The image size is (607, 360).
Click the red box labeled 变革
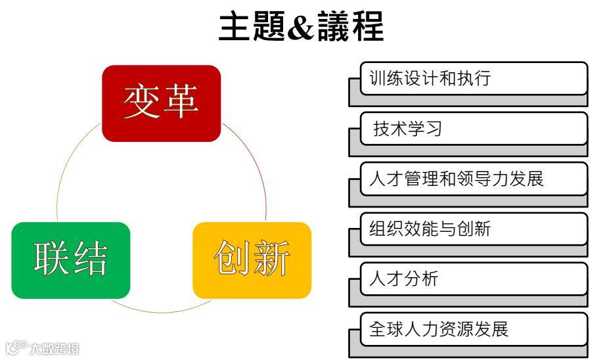coord(161,103)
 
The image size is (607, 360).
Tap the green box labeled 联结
coord(71,260)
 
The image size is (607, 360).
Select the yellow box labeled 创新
coord(252,260)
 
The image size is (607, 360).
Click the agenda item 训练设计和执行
coord(473,78)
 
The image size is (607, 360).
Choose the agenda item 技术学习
coord(473,128)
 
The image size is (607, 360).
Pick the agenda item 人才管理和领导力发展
coord(473,179)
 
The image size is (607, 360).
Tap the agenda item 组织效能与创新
coord(473,229)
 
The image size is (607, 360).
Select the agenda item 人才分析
coord(473,279)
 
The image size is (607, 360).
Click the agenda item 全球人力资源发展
coord(473,328)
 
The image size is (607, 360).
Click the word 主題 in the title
coord(252,28)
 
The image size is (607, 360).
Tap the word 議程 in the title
coord(350,28)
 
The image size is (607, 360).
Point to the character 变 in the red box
coord(142,102)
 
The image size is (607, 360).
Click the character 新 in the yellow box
coord(271,260)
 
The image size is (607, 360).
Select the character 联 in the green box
coord(53,260)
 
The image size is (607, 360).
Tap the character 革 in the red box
coord(181,102)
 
